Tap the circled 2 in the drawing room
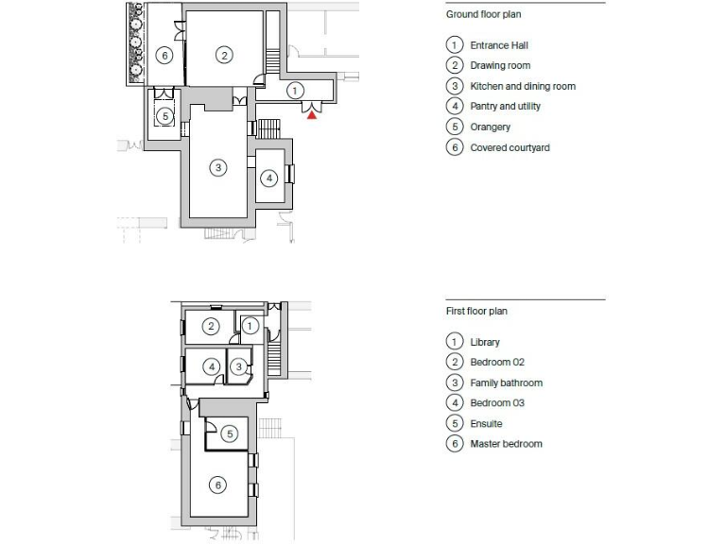click(x=224, y=55)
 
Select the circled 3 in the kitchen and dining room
click(x=217, y=167)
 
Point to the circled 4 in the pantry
click(x=268, y=177)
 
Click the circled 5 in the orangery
click(x=164, y=116)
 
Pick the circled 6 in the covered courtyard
click(x=164, y=56)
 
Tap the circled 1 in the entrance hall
click(x=295, y=90)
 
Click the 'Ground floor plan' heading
click(x=483, y=15)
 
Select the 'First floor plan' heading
click(x=477, y=311)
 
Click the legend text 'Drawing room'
click(x=500, y=66)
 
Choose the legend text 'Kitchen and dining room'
click(x=522, y=86)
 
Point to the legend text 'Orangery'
click(x=490, y=127)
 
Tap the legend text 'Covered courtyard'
click(x=510, y=148)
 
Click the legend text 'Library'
click(x=485, y=343)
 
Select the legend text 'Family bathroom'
click(x=506, y=383)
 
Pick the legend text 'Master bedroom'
click(x=506, y=444)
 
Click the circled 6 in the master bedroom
click(x=217, y=484)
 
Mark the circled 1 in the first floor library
click(x=251, y=325)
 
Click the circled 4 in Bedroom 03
click(x=212, y=366)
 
